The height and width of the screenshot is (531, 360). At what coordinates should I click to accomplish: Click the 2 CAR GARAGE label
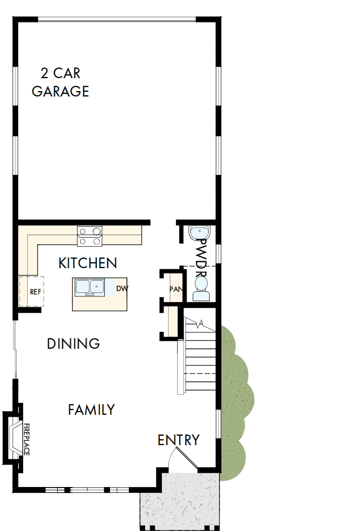pos(60,82)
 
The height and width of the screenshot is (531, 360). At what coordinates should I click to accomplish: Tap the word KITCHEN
pos(88,263)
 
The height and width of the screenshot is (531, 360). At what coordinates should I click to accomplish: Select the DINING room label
pos(73,344)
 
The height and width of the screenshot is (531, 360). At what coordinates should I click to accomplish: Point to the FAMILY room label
pos(91,410)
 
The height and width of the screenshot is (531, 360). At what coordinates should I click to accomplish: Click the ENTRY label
pos(178,440)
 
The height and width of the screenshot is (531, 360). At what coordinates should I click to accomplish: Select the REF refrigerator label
pos(36,291)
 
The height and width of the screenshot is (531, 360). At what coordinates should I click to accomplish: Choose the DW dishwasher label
pos(122,289)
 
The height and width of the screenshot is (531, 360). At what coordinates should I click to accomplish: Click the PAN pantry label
pos(174,289)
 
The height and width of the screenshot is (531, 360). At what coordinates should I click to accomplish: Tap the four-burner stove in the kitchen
pos(90,236)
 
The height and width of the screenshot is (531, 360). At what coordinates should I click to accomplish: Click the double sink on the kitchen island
pos(89,287)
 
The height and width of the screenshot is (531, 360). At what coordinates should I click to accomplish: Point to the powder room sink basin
pos(199,232)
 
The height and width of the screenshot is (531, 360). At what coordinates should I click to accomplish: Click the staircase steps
pos(200,356)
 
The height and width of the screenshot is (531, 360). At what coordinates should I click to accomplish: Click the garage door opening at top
pos(117,20)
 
